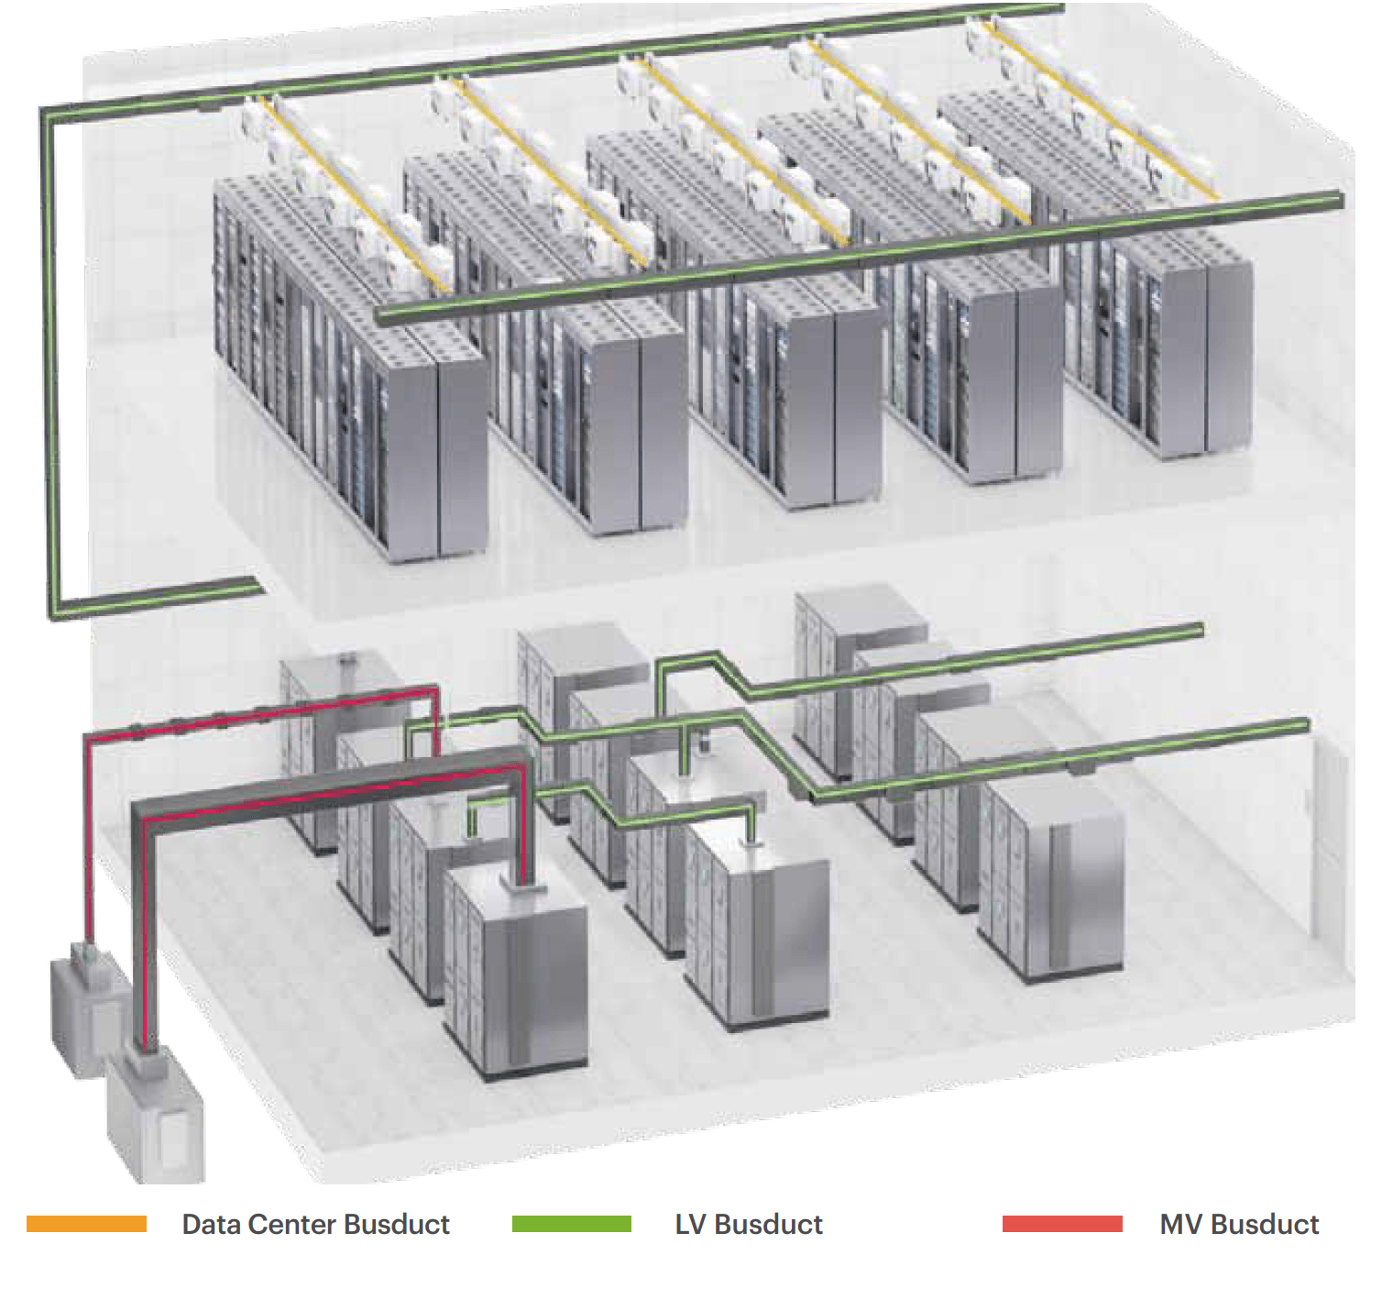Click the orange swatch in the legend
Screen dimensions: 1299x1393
point(86,1224)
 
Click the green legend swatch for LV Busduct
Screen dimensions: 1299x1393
point(571,1224)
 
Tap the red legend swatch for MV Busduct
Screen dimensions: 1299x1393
point(1062,1224)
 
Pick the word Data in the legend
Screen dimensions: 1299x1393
point(211,1224)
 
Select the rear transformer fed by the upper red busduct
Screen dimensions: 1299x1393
point(87,1008)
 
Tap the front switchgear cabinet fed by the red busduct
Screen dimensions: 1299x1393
point(518,972)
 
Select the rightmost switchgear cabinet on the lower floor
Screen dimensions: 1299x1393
point(1054,880)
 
